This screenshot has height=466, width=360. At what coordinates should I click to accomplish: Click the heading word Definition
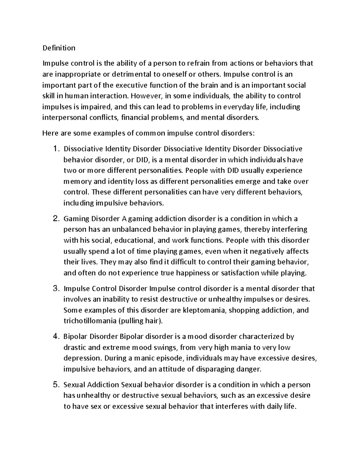coord(59,48)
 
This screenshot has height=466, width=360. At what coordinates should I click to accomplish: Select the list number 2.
coord(56,219)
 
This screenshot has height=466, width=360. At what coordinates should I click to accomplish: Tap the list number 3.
coord(56,289)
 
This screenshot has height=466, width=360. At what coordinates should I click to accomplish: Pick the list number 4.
coord(56,337)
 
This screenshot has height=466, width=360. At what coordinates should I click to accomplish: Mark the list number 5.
coord(56,385)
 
